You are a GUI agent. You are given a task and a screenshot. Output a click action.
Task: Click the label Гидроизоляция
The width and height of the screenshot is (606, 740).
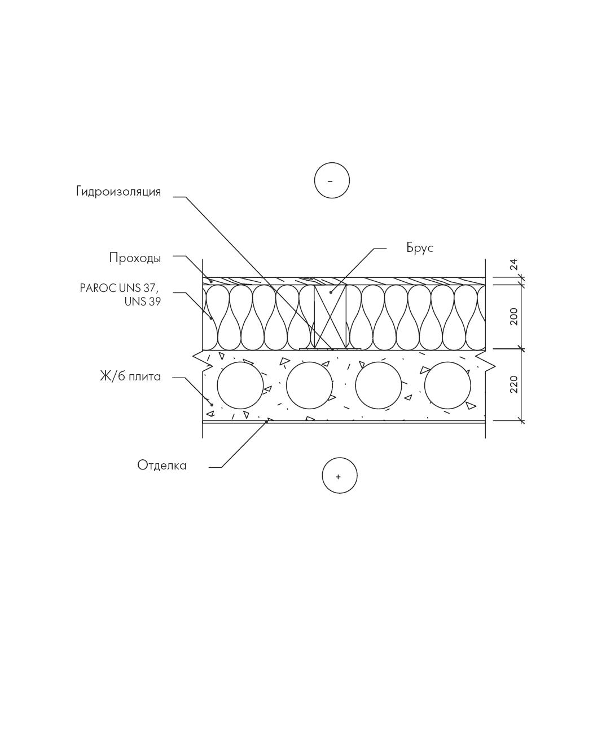click(118, 192)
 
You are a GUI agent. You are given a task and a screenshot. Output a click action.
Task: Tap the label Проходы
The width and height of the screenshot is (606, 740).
click(135, 258)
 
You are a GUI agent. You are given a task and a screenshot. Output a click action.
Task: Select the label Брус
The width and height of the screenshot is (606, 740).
click(420, 248)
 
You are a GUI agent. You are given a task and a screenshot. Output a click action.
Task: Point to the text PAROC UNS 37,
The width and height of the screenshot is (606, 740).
click(120, 288)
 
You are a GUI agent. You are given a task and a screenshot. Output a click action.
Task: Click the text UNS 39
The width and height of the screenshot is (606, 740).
click(143, 302)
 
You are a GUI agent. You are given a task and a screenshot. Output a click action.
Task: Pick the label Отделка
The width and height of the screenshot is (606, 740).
click(162, 466)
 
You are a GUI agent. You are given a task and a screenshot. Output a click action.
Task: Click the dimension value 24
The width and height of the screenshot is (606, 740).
click(513, 264)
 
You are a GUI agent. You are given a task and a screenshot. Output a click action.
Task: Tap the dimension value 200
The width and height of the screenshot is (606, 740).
click(513, 317)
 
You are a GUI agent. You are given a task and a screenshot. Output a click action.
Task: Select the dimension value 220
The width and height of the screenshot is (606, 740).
click(513, 384)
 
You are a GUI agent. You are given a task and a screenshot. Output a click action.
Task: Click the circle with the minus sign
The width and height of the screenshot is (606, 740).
click(332, 180)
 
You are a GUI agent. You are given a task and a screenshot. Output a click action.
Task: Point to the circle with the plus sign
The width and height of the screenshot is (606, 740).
click(340, 476)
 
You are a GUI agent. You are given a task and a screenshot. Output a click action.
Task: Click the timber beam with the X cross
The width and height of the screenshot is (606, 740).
click(330, 317)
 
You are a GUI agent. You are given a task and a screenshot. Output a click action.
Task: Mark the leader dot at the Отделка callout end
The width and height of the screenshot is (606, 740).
click(266, 422)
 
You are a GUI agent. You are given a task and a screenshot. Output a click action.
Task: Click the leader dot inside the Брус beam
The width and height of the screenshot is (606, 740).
click(331, 293)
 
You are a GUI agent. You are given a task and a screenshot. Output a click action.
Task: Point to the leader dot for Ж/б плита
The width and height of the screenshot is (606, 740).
click(212, 405)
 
